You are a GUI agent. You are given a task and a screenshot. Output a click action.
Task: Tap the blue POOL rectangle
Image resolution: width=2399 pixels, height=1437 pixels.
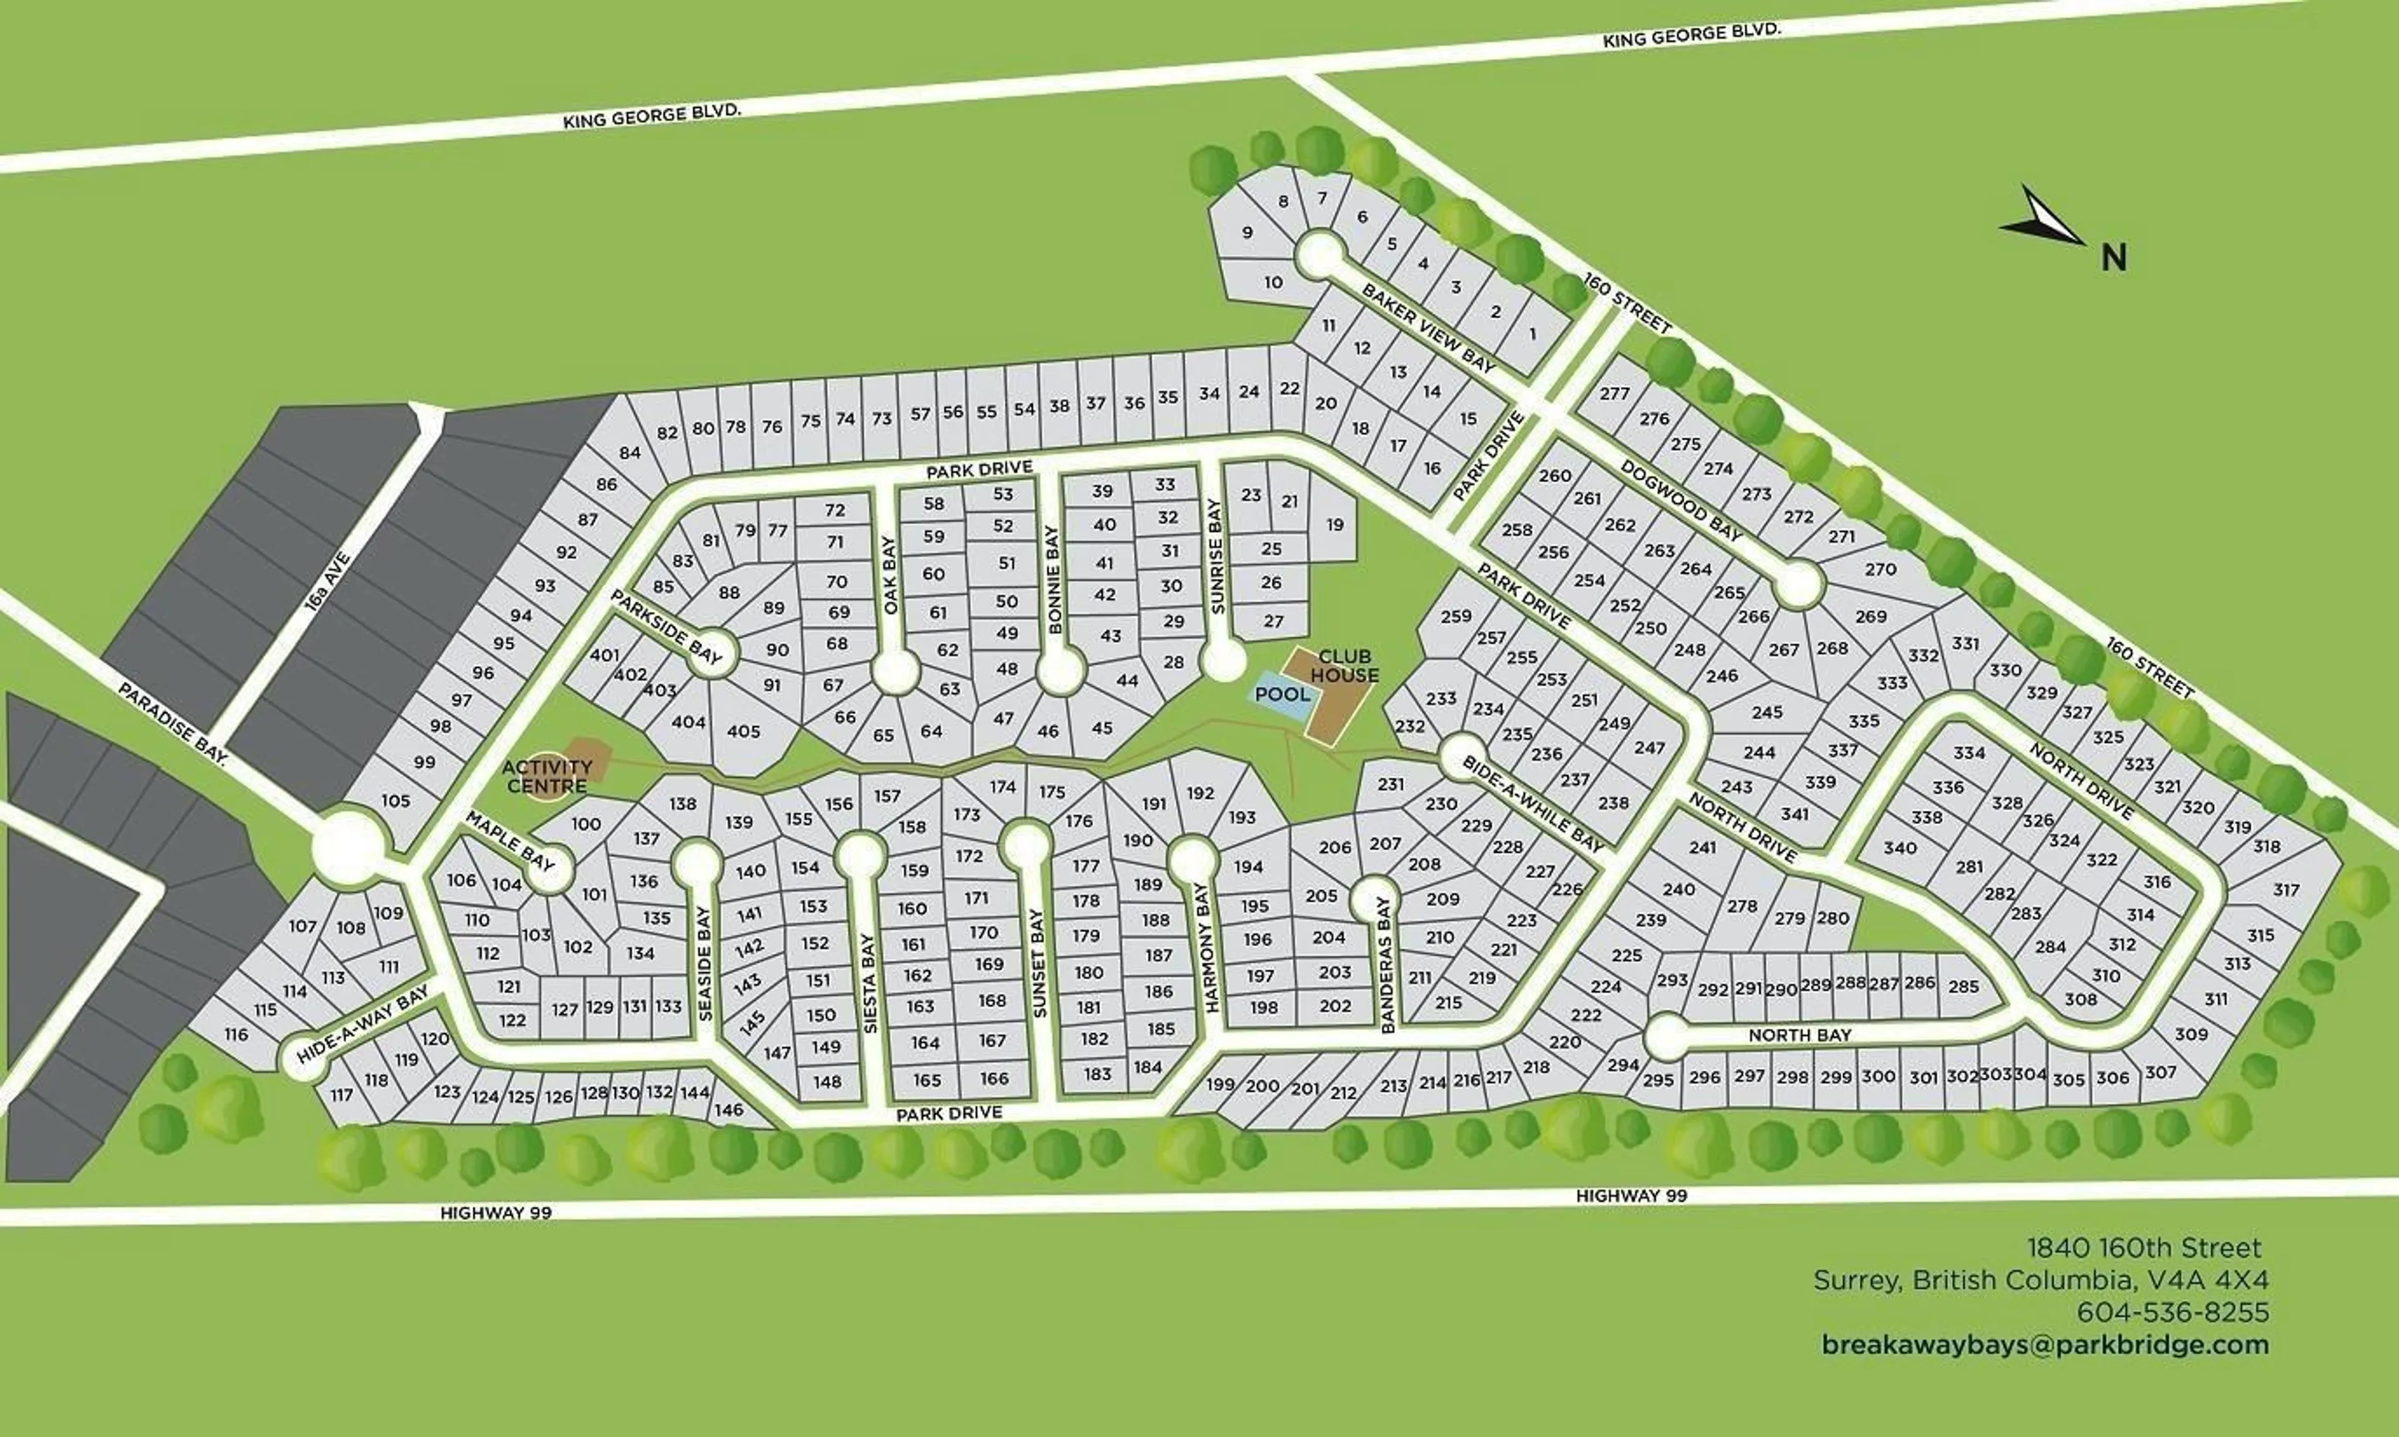(1281, 694)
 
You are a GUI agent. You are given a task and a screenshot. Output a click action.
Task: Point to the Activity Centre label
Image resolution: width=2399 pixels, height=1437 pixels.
(547, 776)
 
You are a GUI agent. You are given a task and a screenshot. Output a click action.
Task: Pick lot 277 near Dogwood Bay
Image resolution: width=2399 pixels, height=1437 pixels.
(1614, 393)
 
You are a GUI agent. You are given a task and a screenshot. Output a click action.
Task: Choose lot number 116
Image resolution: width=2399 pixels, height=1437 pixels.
(236, 1034)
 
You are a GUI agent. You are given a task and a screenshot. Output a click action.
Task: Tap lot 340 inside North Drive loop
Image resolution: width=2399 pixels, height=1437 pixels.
(1899, 847)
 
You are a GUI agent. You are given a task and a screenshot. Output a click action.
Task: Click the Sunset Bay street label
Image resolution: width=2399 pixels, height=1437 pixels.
(1039, 964)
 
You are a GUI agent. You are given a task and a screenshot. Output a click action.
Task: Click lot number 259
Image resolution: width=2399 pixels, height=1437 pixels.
(1456, 616)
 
